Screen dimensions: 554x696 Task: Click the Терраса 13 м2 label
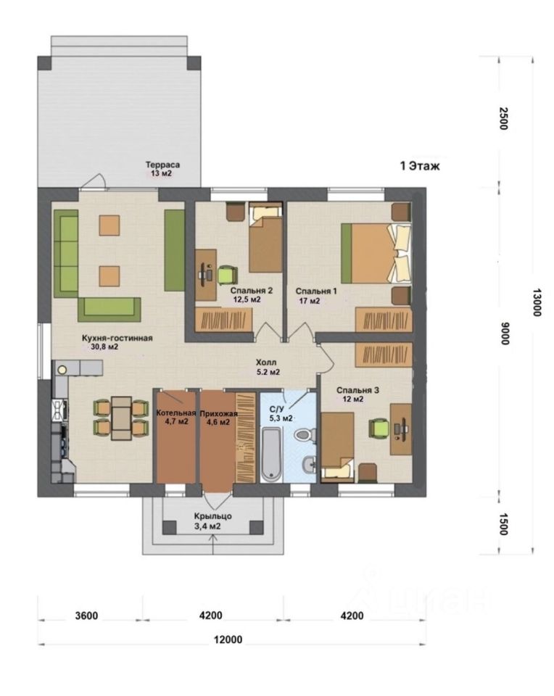point(162,169)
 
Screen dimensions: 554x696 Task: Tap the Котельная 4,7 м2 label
point(176,418)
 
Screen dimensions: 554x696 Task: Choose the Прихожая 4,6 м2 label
point(218,418)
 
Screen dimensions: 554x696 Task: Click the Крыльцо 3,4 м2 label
point(212,521)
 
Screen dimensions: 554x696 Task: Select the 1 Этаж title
point(420,166)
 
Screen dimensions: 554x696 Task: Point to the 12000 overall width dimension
point(228,639)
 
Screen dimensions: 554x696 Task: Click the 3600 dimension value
point(86,616)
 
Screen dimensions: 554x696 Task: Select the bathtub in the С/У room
point(271,454)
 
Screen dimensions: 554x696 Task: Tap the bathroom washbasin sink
point(308,465)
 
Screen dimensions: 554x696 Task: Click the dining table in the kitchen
point(121,418)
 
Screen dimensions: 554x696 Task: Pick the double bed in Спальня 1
point(376,253)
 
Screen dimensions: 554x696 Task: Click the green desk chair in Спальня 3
point(379,428)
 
